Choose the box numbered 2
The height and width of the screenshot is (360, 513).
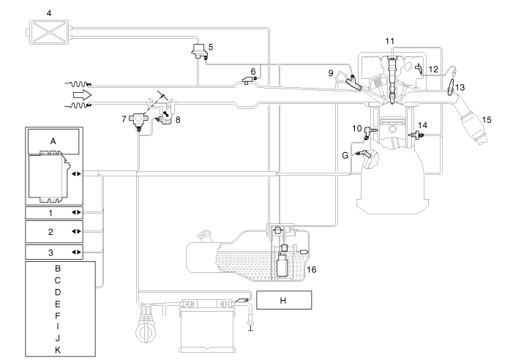pyautogui.click(x=54, y=231)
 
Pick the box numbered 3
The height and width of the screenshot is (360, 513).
pyautogui.click(x=54, y=252)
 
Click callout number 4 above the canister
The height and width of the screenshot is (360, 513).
pyautogui.click(x=48, y=12)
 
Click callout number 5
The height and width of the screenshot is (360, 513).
pyautogui.click(x=210, y=47)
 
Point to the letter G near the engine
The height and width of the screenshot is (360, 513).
pyautogui.click(x=345, y=154)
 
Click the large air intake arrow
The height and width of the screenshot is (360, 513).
pyautogui.click(x=80, y=96)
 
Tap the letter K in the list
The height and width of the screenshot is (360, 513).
pyautogui.click(x=57, y=350)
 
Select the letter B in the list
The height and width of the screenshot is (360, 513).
pyautogui.click(x=57, y=269)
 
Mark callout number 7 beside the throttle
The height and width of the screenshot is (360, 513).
pyautogui.click(x=123, y=118)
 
